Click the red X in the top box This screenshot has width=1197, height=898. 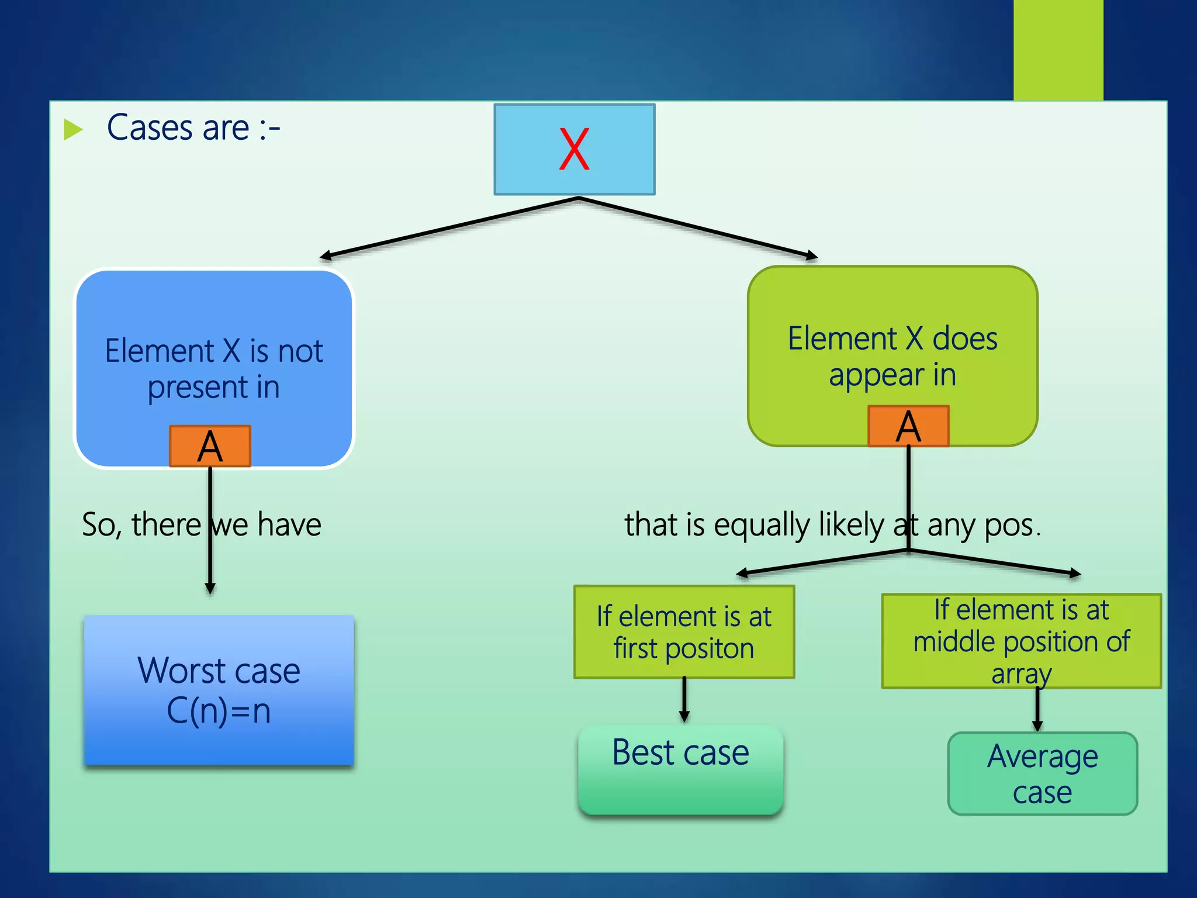pos(574,149)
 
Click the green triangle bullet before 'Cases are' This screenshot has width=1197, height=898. pos(72,129)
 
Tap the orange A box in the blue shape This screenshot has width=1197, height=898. pos(210,446)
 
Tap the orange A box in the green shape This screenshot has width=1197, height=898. pos(908,426)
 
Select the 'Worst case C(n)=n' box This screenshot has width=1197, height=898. pos(219,690)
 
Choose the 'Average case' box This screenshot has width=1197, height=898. pos(1042,773)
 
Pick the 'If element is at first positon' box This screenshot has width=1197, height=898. pos(684,632)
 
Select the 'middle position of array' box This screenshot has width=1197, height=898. pos(1021,641)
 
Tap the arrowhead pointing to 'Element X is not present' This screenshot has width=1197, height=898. pos(325,256)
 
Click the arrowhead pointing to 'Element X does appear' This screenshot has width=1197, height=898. pos(812,255)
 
